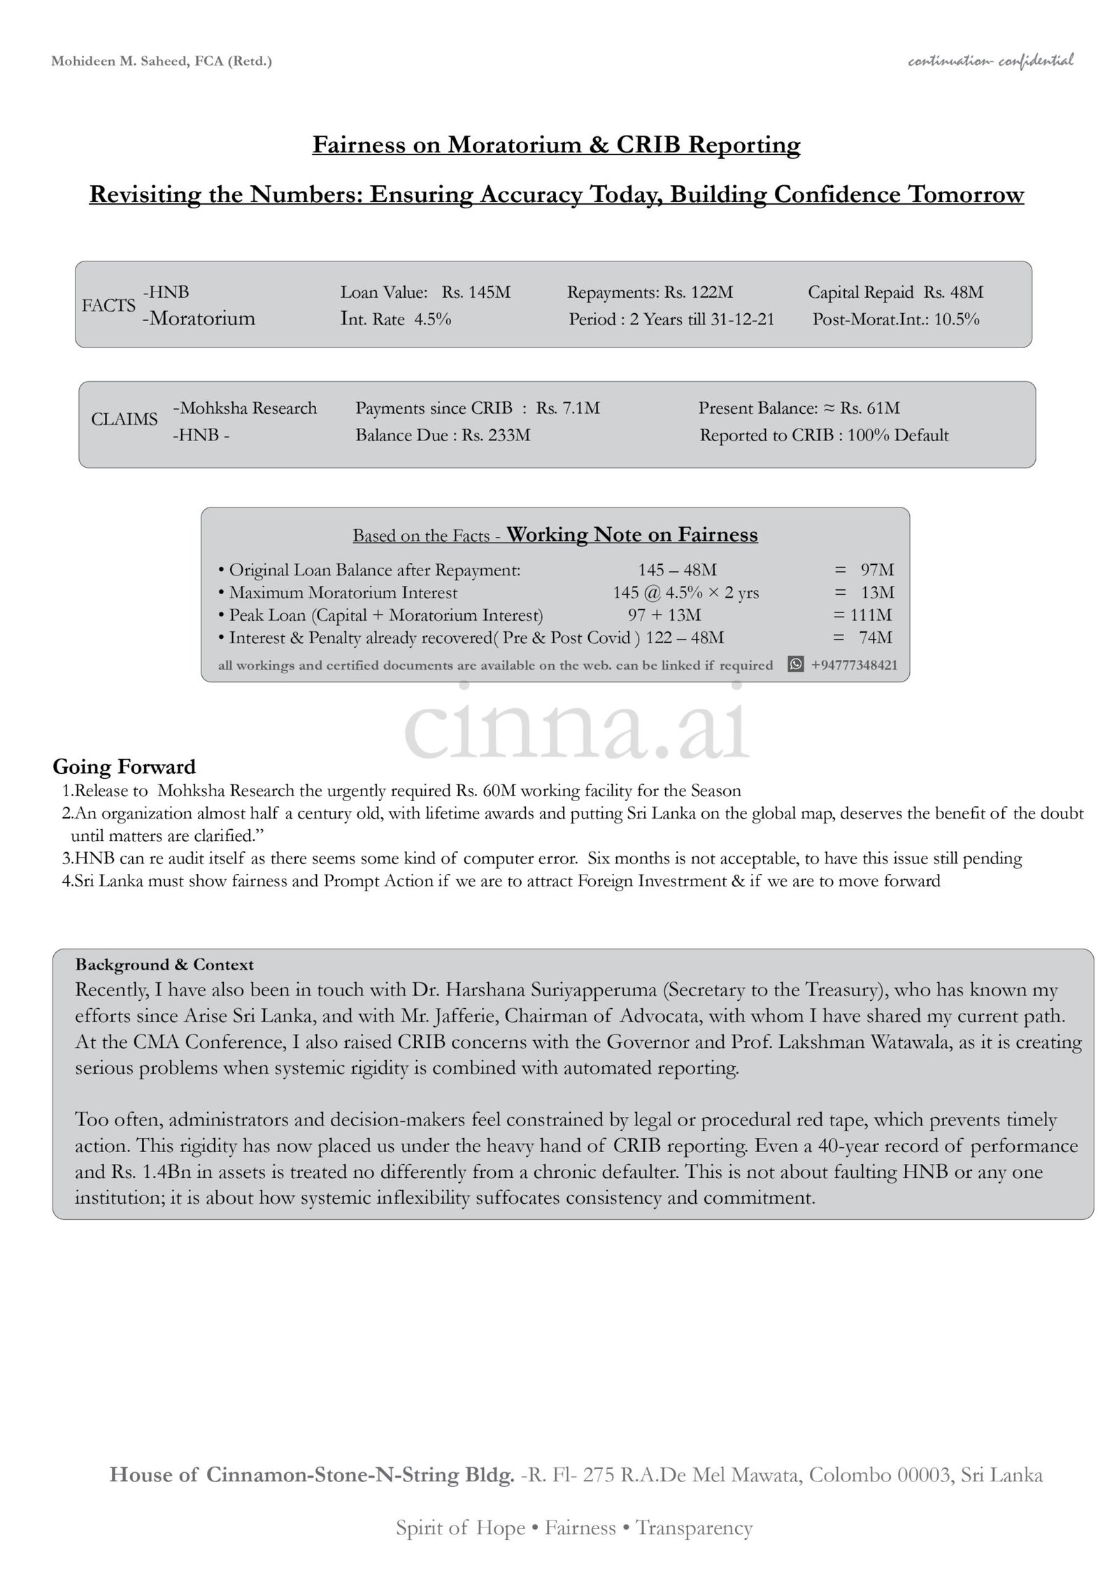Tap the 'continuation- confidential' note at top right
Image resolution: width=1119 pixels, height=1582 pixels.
pos(990,62)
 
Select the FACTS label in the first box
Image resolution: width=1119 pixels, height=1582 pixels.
pos(108,305)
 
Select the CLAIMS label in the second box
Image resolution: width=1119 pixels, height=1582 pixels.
pos(124,419)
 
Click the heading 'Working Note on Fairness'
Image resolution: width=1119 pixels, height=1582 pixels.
pos(632,535)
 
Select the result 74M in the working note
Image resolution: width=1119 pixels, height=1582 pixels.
pos(876,638)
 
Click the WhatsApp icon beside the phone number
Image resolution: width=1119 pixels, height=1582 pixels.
pos(796,665)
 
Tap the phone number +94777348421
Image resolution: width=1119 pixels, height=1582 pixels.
pos(854,666)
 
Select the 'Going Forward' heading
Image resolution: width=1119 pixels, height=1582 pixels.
pos(124,767)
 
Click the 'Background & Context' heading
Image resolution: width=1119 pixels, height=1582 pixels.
pos(164,965)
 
